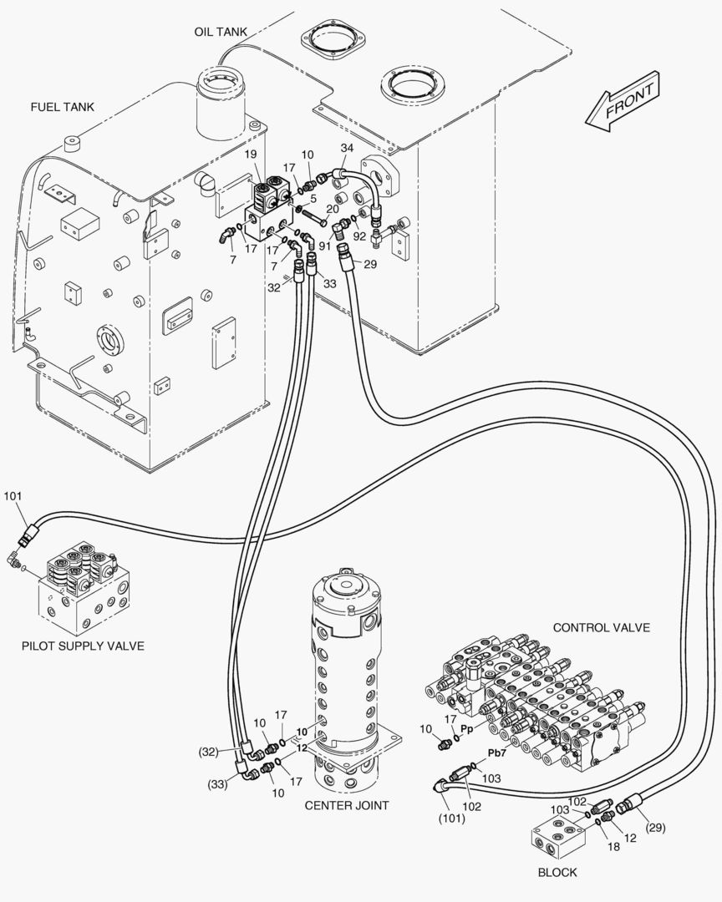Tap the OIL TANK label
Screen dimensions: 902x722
click(221, 32)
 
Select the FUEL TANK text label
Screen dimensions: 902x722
click(62, 107)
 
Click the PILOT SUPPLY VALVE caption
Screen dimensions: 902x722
click(83, 646)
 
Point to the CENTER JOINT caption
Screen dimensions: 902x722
click(346, 805)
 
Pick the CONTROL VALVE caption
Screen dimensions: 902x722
click(602, 627)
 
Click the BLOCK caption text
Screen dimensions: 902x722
click(557, 873)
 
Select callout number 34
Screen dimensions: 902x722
click(347, 148)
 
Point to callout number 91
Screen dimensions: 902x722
click(324, 246)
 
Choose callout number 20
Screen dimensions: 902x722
click(332, 209)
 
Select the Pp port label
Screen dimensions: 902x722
click(468, 728)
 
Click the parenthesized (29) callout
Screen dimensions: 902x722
click(656, 828)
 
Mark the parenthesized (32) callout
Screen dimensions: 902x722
click(208, 752)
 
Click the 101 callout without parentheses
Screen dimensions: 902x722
click(13, 497)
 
